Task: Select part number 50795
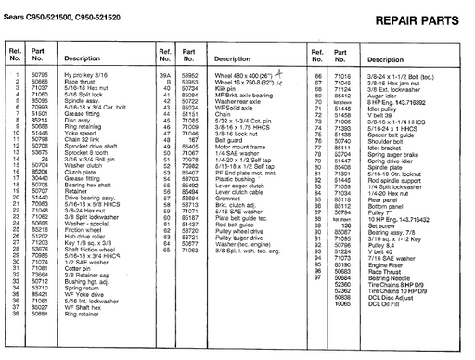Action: pos(39,73)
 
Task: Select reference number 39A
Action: pos(166,73)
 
